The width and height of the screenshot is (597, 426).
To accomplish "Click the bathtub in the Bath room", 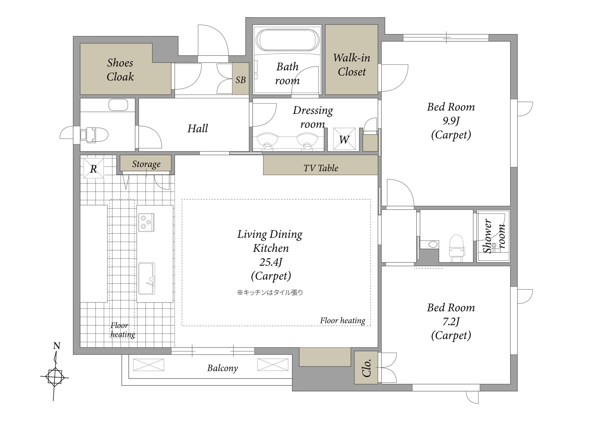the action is tap(288, 40).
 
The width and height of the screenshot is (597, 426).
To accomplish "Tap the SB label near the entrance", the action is tap(240, 80).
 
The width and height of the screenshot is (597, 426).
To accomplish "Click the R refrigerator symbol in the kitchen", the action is tap(94, 168).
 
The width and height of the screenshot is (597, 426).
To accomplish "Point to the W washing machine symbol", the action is tap(344, 139).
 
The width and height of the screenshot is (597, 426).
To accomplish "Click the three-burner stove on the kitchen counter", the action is tap(146, 222).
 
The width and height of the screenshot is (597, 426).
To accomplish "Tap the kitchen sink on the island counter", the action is tap(146, 278).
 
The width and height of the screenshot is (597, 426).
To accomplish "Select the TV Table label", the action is tap(321, 168).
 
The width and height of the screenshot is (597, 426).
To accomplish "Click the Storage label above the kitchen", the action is tap(146, 164).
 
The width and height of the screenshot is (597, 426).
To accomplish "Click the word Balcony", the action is tap(222, 368).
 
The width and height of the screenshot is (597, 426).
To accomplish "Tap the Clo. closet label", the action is tap(367, 368).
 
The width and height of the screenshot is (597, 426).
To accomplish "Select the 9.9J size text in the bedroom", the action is tap(451, 121).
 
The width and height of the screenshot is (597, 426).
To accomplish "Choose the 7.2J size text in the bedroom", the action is tap(451, 322).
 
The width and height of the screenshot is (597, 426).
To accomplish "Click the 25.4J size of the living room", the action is tap(271, 262).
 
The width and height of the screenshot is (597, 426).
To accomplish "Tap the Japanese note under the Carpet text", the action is tap(270, 292).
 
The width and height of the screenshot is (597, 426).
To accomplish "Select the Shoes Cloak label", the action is tap(120, 70).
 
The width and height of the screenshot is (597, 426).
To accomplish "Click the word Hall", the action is tap(198, 129).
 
